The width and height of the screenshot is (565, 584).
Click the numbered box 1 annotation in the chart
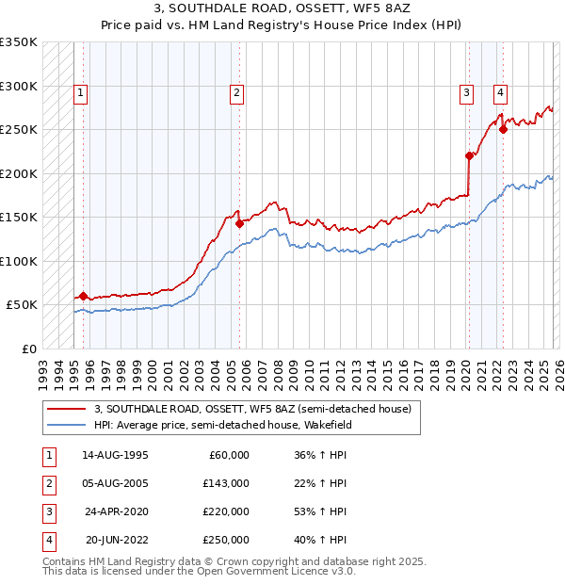pyautogui.click(x=81, y=92)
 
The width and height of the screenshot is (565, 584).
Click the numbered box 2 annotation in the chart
pyautogui.click(x=235, y=92)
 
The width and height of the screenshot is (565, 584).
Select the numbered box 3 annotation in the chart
pyautogui.click(x=467, y=92)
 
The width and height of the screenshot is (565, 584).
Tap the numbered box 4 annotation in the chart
pyautogui.click(x=499, y=92)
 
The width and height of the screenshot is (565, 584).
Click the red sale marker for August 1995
pyautogui.click(x=83, y=296)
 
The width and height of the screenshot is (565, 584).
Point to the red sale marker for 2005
pyautogui.click(x=239, y=223)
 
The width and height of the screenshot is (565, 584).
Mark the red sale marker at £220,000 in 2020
pyautogui.click(x=468, y=155)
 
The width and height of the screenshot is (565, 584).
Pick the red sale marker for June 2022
pyautogui.click(x=503, y=130)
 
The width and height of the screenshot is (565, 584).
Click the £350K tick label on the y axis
pyautogui.click(x=19, y=42)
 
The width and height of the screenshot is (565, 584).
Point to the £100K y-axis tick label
pyautogui.click(x=19, y=261)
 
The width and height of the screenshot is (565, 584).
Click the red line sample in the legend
pyautogui.click(x=66, y=410)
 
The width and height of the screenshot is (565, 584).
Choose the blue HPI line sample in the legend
pyautogui.click(x=66, y=425)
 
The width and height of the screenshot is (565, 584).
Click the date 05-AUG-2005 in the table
pyautogui.click(x=115, y=483)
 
